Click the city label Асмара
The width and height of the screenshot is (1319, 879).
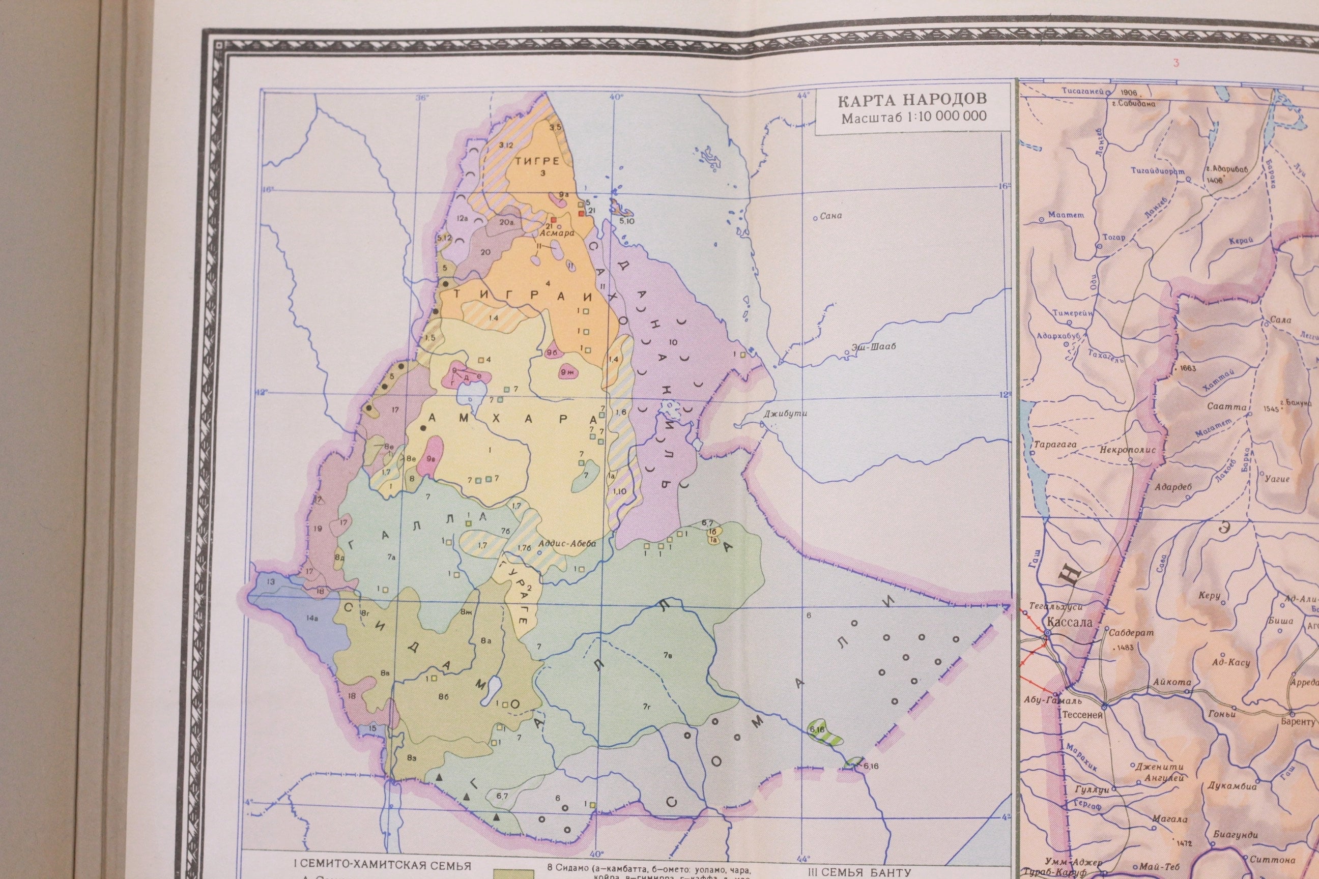[x=556, y=233]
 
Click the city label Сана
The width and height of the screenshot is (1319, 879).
[x=830, y=216]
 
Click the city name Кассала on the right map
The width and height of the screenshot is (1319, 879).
[x=1073, y=622]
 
